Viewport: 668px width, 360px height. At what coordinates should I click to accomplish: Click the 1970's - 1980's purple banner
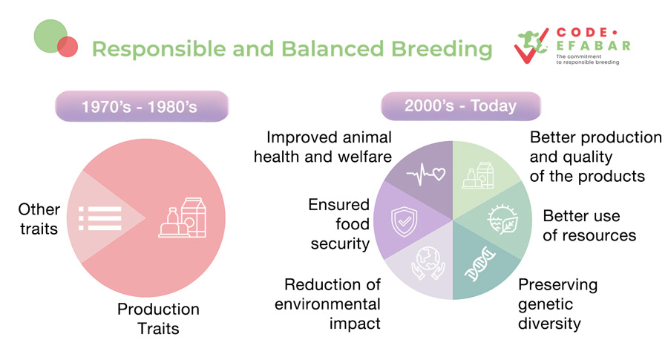click(x=142, y=106)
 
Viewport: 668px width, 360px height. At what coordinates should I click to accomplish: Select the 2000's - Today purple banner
click(x=460, y=105)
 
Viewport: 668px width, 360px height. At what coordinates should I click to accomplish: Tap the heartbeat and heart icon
click(x=425, y=174)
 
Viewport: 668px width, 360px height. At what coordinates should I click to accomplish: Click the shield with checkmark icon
click(x=404, y=221)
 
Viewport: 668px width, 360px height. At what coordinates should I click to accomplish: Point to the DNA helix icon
click(x=479, y=264)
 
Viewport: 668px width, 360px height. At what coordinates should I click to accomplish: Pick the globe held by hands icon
click(x=428, y=264)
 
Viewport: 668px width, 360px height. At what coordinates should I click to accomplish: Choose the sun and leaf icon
click(x=502, y=220)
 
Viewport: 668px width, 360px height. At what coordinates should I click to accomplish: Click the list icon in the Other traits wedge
click(x=100, y=218)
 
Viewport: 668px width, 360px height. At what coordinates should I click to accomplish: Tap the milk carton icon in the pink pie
click(x=183, y=217)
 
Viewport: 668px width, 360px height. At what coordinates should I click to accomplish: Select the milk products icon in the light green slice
click(x=478, y=175)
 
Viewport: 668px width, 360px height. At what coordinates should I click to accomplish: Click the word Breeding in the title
click(x=442, y=48)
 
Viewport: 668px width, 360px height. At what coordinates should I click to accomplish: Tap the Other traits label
click(x=39, y=219)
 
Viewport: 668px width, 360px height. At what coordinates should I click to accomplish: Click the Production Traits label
click(x=158, y=318)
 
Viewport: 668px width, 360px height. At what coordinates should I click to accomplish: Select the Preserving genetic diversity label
click(x=557, y=304)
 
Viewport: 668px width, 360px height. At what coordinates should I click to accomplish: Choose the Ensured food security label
click(x=339, y=224)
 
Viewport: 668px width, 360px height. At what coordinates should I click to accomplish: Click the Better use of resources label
click(x=589, y=226)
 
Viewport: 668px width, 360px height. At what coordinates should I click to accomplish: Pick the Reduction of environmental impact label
click(x=327, y=304)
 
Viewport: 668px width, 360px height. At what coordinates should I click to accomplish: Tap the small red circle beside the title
click(x=68, y=47)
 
